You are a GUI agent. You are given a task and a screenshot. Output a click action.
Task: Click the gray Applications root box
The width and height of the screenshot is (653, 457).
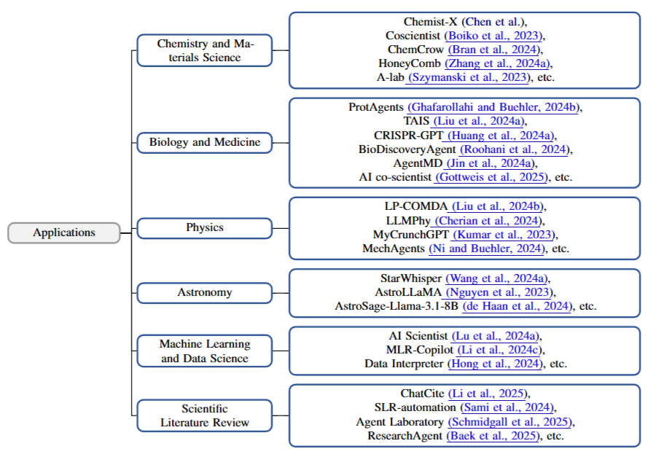point(64,233)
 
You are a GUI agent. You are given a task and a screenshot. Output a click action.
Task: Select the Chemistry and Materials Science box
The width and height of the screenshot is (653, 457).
point(205,50)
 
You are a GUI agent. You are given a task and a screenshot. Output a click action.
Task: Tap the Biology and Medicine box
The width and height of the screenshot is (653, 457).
point(205,142)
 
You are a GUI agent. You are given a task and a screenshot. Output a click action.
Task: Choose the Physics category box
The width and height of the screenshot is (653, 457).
point(205,227)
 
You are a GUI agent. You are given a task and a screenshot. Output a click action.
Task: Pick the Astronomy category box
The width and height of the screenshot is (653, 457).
point(205,292)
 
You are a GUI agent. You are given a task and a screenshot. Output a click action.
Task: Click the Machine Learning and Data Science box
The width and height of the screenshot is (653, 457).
point(205,351)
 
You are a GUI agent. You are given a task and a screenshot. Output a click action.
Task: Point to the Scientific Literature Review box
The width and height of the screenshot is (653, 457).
point(205,415)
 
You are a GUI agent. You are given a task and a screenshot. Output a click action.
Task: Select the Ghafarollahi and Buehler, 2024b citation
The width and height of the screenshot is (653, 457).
point(493,107)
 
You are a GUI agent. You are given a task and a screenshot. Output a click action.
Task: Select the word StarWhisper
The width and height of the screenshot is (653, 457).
point(411,278)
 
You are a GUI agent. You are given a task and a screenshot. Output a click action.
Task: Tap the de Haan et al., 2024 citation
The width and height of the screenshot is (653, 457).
point(517,306)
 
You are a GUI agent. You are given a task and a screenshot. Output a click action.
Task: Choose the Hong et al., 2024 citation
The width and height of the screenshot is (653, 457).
point(495,363)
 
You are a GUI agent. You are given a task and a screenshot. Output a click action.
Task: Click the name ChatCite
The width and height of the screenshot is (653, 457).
point(423,394)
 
